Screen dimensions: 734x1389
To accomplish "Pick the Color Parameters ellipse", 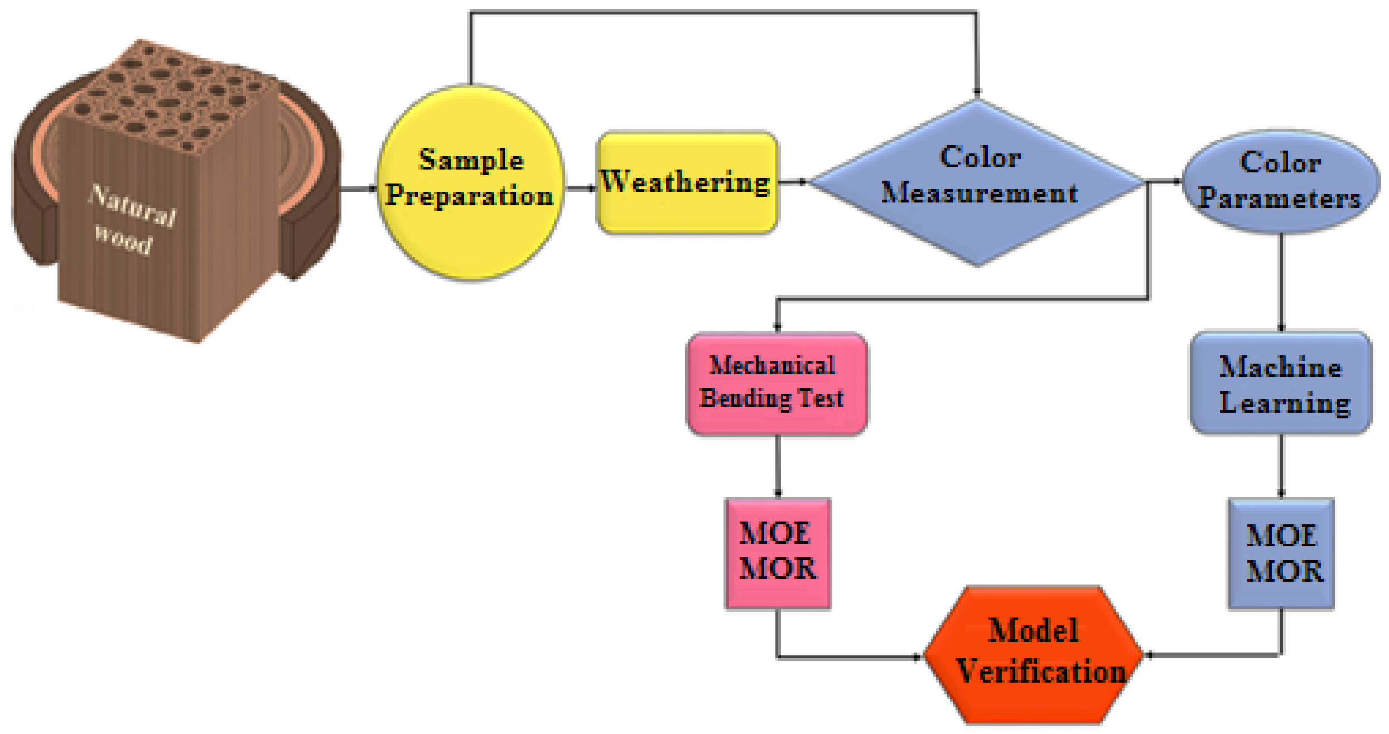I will click(1281, 181).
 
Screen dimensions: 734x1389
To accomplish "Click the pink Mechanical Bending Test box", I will click(777, 383).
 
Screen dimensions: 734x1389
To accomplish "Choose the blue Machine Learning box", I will click(1281, 383).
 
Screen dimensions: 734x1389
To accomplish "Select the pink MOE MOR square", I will click(778, 552).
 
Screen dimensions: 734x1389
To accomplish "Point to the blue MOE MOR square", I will click(1281, 552).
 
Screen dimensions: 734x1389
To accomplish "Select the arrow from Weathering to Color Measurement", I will click(793, 181).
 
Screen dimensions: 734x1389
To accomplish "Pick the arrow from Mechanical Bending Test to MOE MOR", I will click(778, 466).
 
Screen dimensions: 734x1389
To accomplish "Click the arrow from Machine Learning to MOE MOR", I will click(1281, 466).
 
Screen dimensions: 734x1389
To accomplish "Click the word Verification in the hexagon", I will click(1041, 671).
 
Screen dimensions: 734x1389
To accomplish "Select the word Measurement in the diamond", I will click(979, 193).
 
